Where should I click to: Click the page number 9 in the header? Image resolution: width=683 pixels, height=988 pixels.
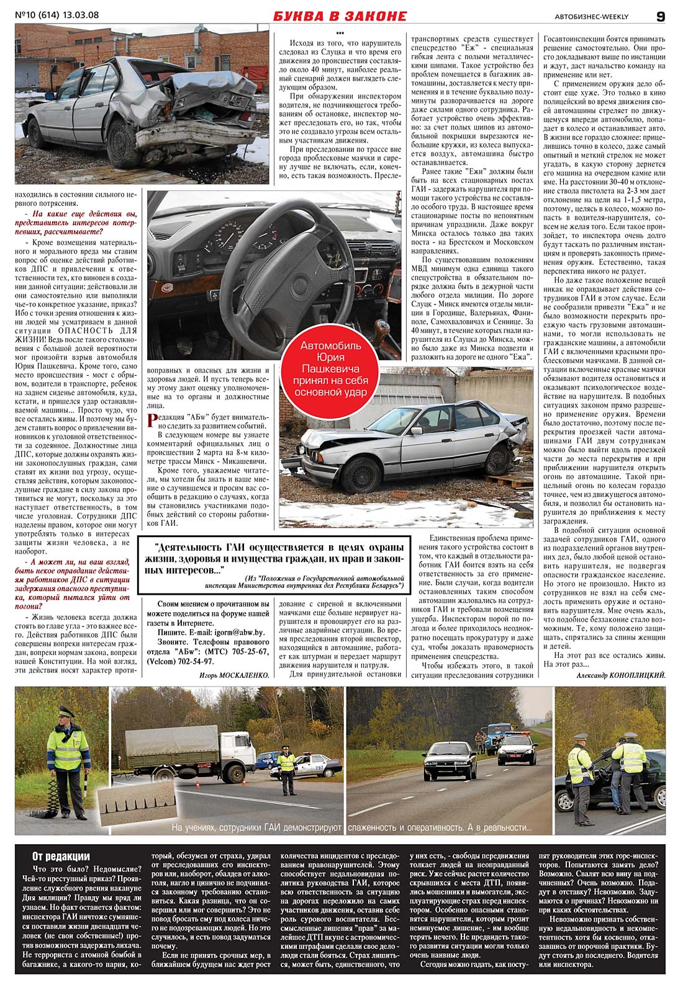coord(660,17)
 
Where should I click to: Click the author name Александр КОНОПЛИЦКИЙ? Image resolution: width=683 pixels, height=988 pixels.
coord(620,675)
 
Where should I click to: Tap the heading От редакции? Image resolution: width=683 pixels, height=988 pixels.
coord(61,857)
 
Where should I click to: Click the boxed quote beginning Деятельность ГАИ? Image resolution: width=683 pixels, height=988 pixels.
coord(274,566)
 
